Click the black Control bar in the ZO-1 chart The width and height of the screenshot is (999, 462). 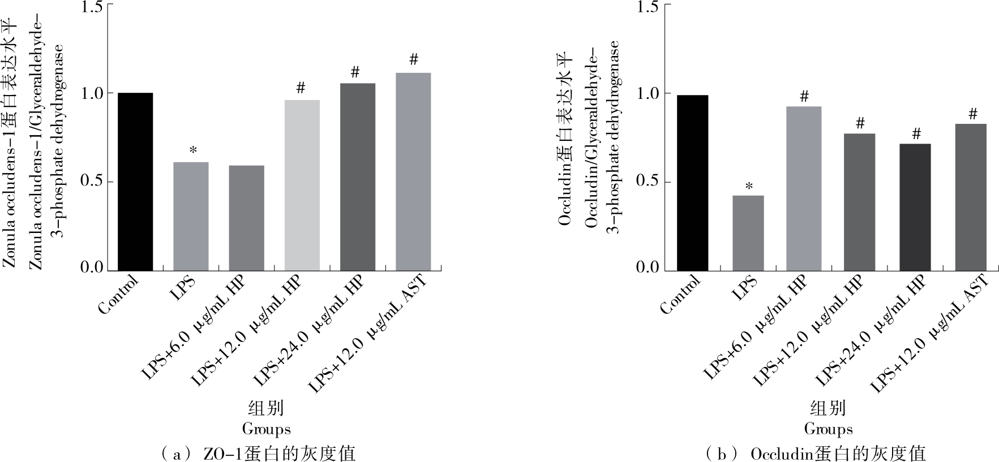135,181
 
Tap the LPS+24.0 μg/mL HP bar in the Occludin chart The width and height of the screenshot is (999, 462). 915,207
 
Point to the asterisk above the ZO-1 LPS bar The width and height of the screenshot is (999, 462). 193,150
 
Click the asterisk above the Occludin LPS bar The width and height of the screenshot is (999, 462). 749,185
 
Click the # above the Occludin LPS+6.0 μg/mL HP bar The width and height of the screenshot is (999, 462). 804,96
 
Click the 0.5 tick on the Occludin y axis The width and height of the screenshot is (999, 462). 649,181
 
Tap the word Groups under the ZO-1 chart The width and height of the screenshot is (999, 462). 266,429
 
